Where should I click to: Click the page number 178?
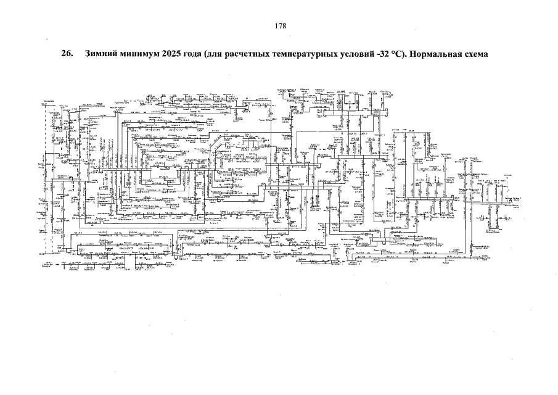pyautogui.click(x=281, y=26)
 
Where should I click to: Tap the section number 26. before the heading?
pyautogui.click(x=67, y=54)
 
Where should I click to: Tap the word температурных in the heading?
pyautogui.click(x=302, y=54)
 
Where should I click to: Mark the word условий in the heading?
pyautogui.click(x=355, y=54)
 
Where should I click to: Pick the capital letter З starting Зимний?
pyautogui.click(x=88, y=54)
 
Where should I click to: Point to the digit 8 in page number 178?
pyautogui.click(x=284, y=26)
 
